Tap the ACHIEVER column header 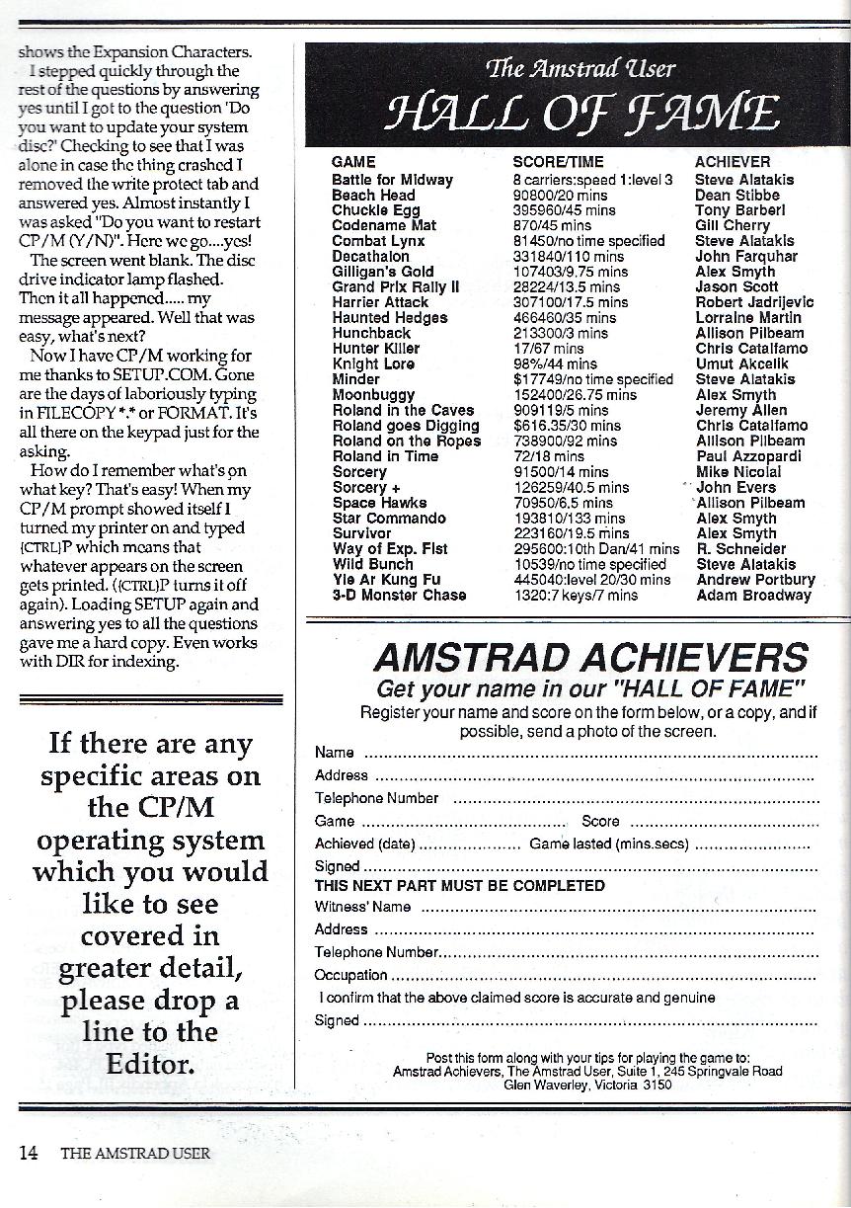point(733,162)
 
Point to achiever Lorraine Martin point(748,318)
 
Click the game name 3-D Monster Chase point(399,595)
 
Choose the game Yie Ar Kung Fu point(386,580)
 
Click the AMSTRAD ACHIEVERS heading point(590,658)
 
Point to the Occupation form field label point(350,975)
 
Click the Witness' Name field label point(362,906)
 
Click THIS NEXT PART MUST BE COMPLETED point(459,885)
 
